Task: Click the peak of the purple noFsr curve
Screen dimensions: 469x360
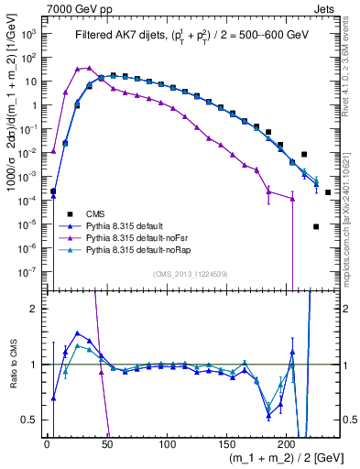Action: [89, 67]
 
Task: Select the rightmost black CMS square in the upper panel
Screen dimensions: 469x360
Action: [328, 192]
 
